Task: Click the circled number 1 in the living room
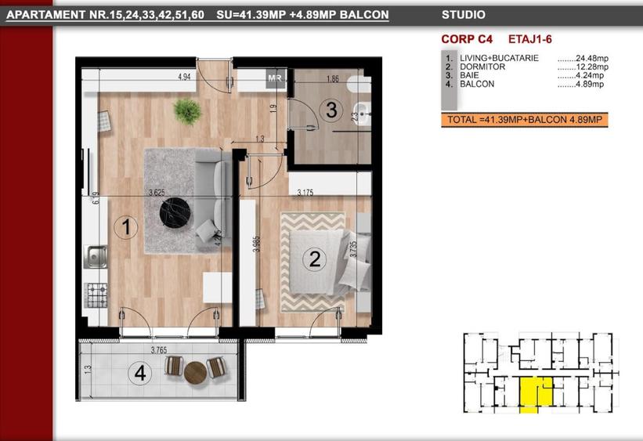126,229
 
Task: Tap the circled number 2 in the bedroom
315,259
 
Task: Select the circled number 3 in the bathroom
331,110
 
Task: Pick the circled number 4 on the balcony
139,374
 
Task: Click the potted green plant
187,111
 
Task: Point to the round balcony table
196,372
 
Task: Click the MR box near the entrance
275,78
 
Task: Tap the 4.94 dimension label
185,77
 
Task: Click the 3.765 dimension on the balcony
161,350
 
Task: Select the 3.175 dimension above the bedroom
305,191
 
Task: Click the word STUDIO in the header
463,14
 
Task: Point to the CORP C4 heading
464,38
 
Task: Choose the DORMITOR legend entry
483,67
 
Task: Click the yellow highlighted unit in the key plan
536,392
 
